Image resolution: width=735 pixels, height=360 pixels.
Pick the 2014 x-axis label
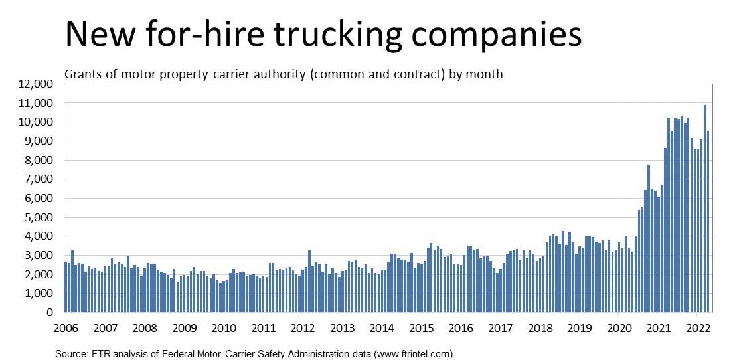[x=382, y=328]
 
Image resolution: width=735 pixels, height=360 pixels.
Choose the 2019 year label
[x=579, y=328]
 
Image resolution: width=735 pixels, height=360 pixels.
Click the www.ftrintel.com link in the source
[x=413, y=353]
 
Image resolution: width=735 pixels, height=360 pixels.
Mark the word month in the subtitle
[x=485, y=74]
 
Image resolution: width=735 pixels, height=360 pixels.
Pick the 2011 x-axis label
[x=264, y=328]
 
